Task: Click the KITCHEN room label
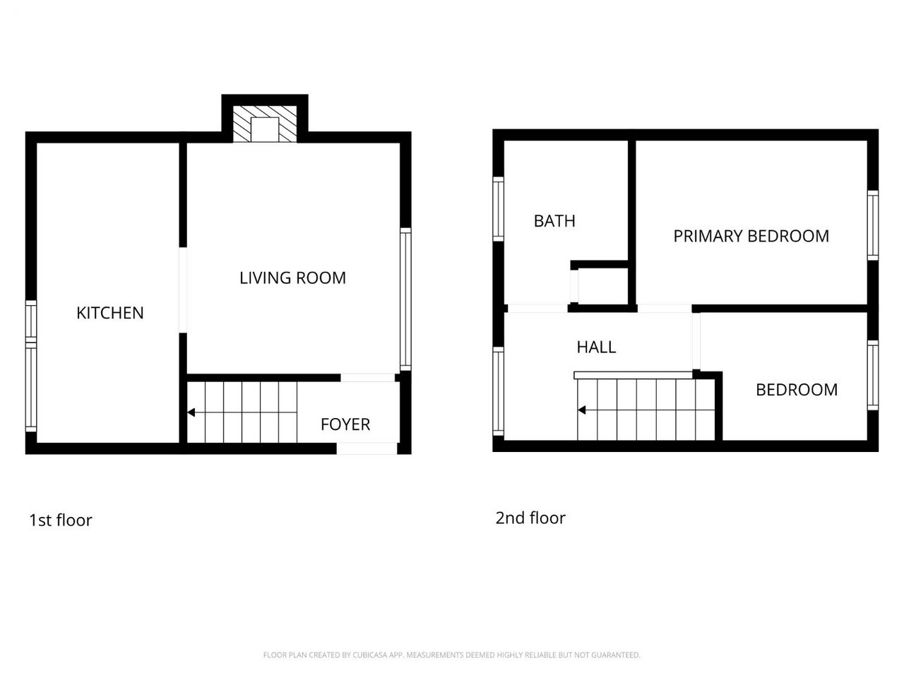[x=110, y=314]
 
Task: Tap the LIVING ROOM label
[x=292, y=278]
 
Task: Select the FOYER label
[x=345, y=424]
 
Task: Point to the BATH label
[x=554, y=222]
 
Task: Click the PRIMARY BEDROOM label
[x=751, y=237]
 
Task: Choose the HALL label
[x=596, y=347]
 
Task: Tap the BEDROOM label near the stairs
[x=797, y=390]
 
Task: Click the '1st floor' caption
[x=61, y=521]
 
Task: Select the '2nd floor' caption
[x=530, y=518]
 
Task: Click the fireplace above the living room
[x=264, y=124]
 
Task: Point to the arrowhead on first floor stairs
[x=191, y=412]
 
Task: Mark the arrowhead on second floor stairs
[x=581, y=410]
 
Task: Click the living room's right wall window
[x=405, y=299]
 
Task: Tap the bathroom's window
[x=499, y=209]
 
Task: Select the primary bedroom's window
[x=873, y=225]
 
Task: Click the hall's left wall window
[x=499, y=391]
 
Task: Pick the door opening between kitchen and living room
[x=183, y=290]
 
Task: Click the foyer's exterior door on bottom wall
[x=367, y=448]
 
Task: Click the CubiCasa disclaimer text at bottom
[x=452, y=655]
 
